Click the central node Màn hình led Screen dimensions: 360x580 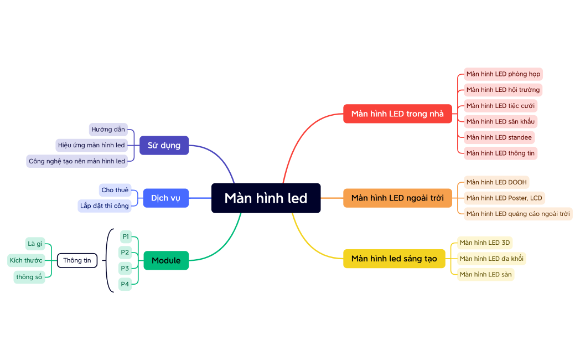(x=266, y=198)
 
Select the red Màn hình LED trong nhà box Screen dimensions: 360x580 (x=397, y=114)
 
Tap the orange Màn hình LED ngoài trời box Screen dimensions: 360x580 (x=397, y=198)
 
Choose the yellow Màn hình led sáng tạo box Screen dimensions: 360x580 (x=394, y=259)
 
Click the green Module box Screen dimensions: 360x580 (x=166, y=260)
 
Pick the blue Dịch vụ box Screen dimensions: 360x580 (x=165, y=198)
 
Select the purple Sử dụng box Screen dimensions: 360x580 (x=164, y=145)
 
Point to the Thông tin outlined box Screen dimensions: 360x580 (x=77, y=260)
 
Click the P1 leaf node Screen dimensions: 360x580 (x=125, y=236)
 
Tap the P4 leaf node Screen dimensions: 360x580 (x=125, y=284)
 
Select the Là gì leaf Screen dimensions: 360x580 (x=35, y=244)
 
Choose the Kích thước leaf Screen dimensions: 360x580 (x=26, y=260)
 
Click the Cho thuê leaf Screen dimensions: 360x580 (x=115, y=190)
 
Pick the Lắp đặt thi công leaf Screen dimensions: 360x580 (x=105, y=206)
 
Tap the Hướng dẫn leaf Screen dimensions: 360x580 (x=108, y=130)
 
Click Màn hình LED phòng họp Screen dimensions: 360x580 (x=503, y=74)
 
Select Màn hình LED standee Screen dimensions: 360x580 (x=499, y=137)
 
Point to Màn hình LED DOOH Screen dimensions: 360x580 (x=496, y=182)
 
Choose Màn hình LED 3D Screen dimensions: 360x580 (x=485, y=243)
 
